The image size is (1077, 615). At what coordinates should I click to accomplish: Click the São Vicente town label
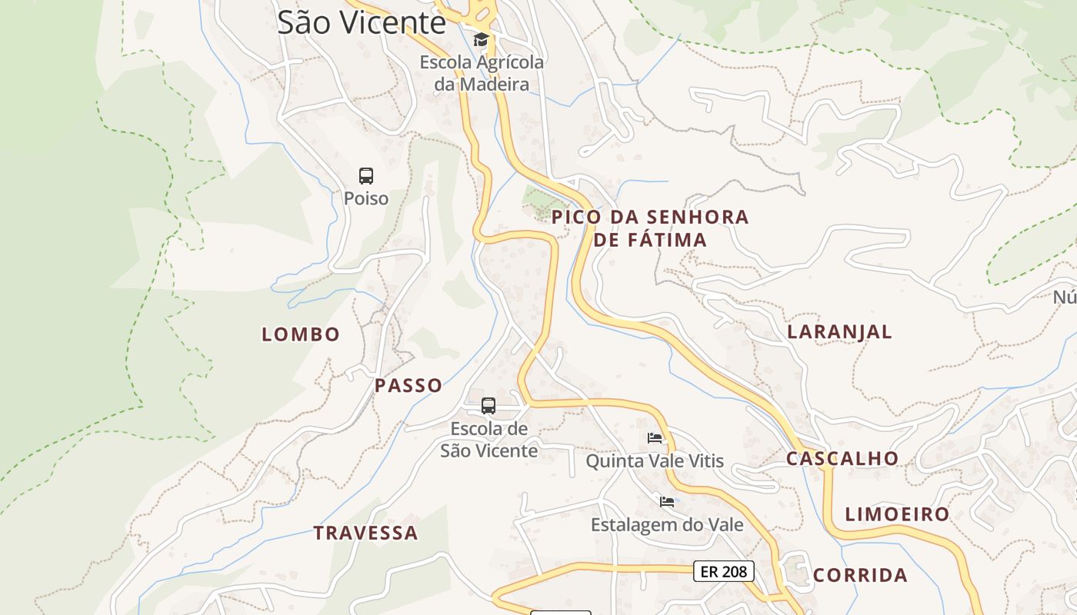(362, 22)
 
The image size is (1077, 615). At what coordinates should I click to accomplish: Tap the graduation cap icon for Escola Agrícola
(481, 39)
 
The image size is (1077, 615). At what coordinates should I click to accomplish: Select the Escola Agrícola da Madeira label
(482, 73)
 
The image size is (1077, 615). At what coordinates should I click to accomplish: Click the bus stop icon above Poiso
(366, 175)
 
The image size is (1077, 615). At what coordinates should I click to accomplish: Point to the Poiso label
(366, 198)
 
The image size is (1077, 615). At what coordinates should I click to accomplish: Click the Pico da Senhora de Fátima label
(650, 228)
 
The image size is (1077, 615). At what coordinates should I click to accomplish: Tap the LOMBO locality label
(301, 334)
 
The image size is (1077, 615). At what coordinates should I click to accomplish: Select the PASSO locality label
(408, 385)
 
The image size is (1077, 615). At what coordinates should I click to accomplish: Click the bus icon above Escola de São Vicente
(488, 405)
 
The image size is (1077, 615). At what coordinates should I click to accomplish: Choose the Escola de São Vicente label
(489, 440)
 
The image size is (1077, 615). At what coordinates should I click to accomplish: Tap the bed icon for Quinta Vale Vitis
(655, 438)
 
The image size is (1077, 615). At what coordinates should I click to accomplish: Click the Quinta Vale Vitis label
(655, 460)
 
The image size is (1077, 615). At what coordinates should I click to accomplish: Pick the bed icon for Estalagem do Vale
(667, 502)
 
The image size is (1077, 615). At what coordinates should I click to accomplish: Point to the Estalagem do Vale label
(667, 524)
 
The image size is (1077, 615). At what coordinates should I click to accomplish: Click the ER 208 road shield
(724, 571)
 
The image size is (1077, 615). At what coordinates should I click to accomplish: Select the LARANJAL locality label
(839, 331)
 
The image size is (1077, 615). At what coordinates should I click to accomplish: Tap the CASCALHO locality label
(842, 458)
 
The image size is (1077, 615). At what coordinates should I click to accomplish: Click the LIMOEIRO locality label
(897, 514)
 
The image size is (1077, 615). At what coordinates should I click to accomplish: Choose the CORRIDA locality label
(860, 575)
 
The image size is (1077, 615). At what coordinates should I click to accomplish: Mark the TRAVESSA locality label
(366, 533)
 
